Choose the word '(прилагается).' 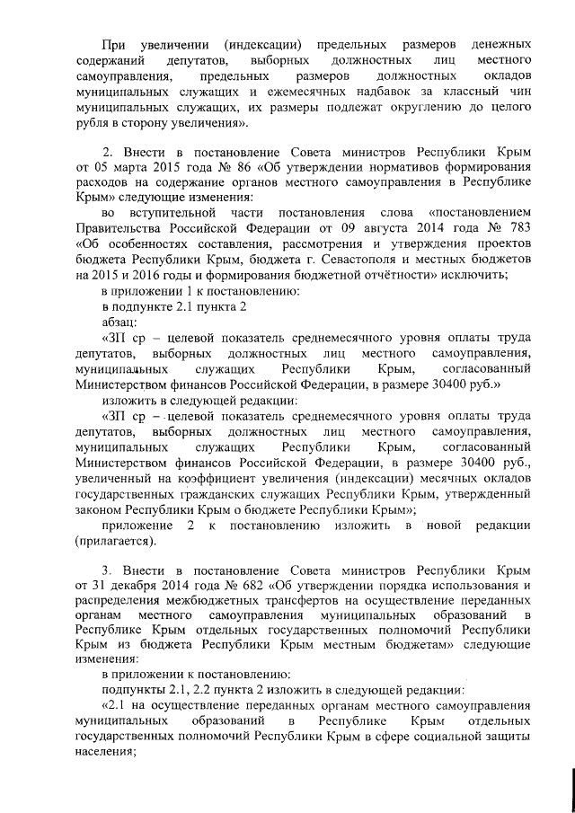click(x=118, y=540)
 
